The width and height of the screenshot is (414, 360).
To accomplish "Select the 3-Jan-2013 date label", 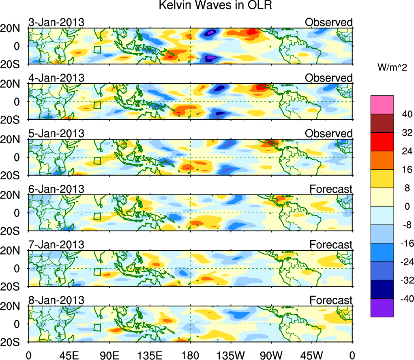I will [x=56, y=22].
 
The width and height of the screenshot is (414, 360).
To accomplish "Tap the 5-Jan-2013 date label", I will [x=56, y=134].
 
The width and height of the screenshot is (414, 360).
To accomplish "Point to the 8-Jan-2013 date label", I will [x=56, y=300].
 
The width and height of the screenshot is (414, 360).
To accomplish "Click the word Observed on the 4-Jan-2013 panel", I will [x=328, y=78].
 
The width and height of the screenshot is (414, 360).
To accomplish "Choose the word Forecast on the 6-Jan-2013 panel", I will [x=331, y=189].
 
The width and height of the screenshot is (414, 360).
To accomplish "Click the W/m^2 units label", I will [x=392, y=68].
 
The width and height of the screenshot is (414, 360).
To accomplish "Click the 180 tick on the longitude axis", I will [x=190, y=354].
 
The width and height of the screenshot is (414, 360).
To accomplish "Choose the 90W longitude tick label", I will [x=271, y=354].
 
